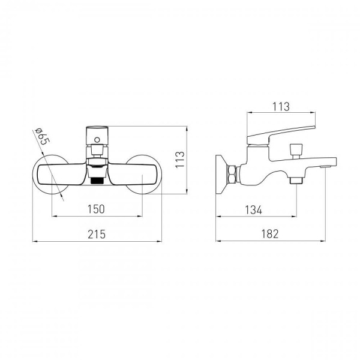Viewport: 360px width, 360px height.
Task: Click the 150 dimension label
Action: pyautogui.click(x=96, y=209)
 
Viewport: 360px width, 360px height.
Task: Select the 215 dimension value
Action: pyautogui.click(x=97, y=235)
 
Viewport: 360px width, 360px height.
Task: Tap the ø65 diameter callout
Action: pyautogui.click(x=42, y=136)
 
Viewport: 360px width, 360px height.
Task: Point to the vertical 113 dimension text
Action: pyautogui.click(x=180, y=160)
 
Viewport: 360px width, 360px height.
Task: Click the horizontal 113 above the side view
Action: pyautogui.click(x=281, y=107)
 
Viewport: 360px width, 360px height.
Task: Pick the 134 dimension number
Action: pyautogui.click(x=253, y=210)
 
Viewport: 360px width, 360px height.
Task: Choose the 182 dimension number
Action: pyautogui.click(x=270, y=234)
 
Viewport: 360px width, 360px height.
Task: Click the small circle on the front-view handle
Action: pyautogui.click(x=97, y=140)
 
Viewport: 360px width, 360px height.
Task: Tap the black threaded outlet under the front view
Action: pyautogui.click(x=97, y=181)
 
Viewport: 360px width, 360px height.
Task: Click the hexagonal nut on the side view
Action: pyautogui.click(x=232, y=174)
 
